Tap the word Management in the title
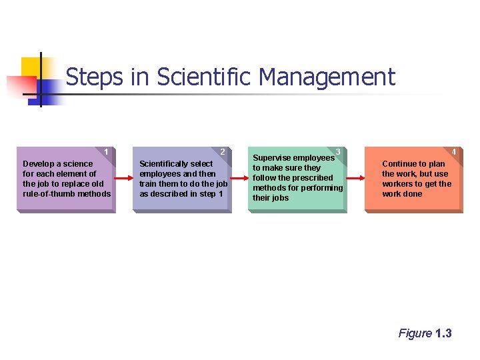pyautogui.click(x=327, y=77)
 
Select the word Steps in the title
pyautogui.click(x=95, y=77)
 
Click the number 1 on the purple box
pyautogui.click(x=107, y=152)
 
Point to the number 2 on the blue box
pyautogui.click(x=223, y=152)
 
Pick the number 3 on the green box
pyautogui.click(x=339, y=152)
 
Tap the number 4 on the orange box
pyautogui.click(x=454, y=152)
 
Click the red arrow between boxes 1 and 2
pyautogui.click(x=124, y=179)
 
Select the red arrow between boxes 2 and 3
pyautogui.click(x=240, y=179)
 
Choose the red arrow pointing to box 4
pyautogui.click(x=356, y=179)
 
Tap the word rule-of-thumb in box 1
pyautogui.click(x=50, y=194)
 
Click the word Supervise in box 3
pyautogui.click(x=271, y=158)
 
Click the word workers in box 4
pyautogui.click(x=397, y=184)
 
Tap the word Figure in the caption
pyautogui.click(x=415, y=333)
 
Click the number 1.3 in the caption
pyautogui.click(x=443, y=333)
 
